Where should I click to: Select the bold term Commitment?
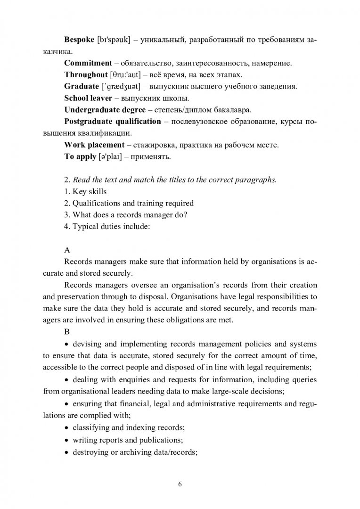(x=87, y=62)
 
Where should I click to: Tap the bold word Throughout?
(x=86, y=74)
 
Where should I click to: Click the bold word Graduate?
(x=81, y=86)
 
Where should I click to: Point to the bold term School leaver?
(x=88, y=98)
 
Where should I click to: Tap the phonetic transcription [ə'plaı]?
(x=112, y=157)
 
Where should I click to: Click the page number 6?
(x=180, y=484)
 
